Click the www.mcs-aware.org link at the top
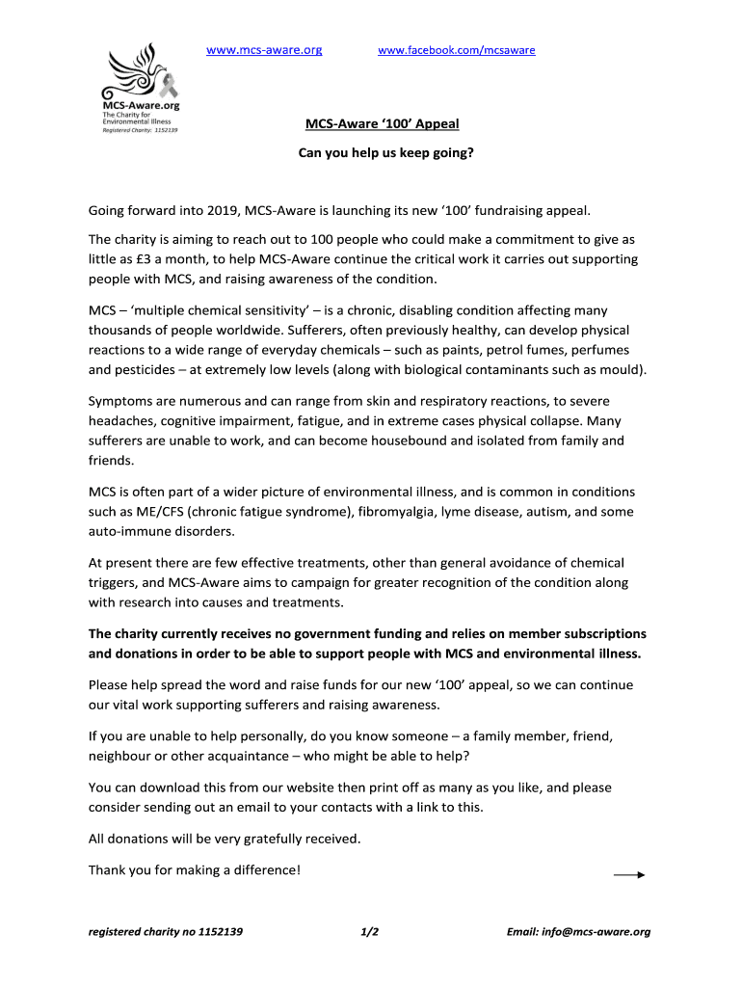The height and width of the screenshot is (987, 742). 264,49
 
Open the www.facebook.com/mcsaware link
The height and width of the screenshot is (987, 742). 456,49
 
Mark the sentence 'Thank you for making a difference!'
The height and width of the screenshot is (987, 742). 195,869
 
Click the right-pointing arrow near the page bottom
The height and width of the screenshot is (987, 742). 628,875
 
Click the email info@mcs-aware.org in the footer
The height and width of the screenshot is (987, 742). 578,932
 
